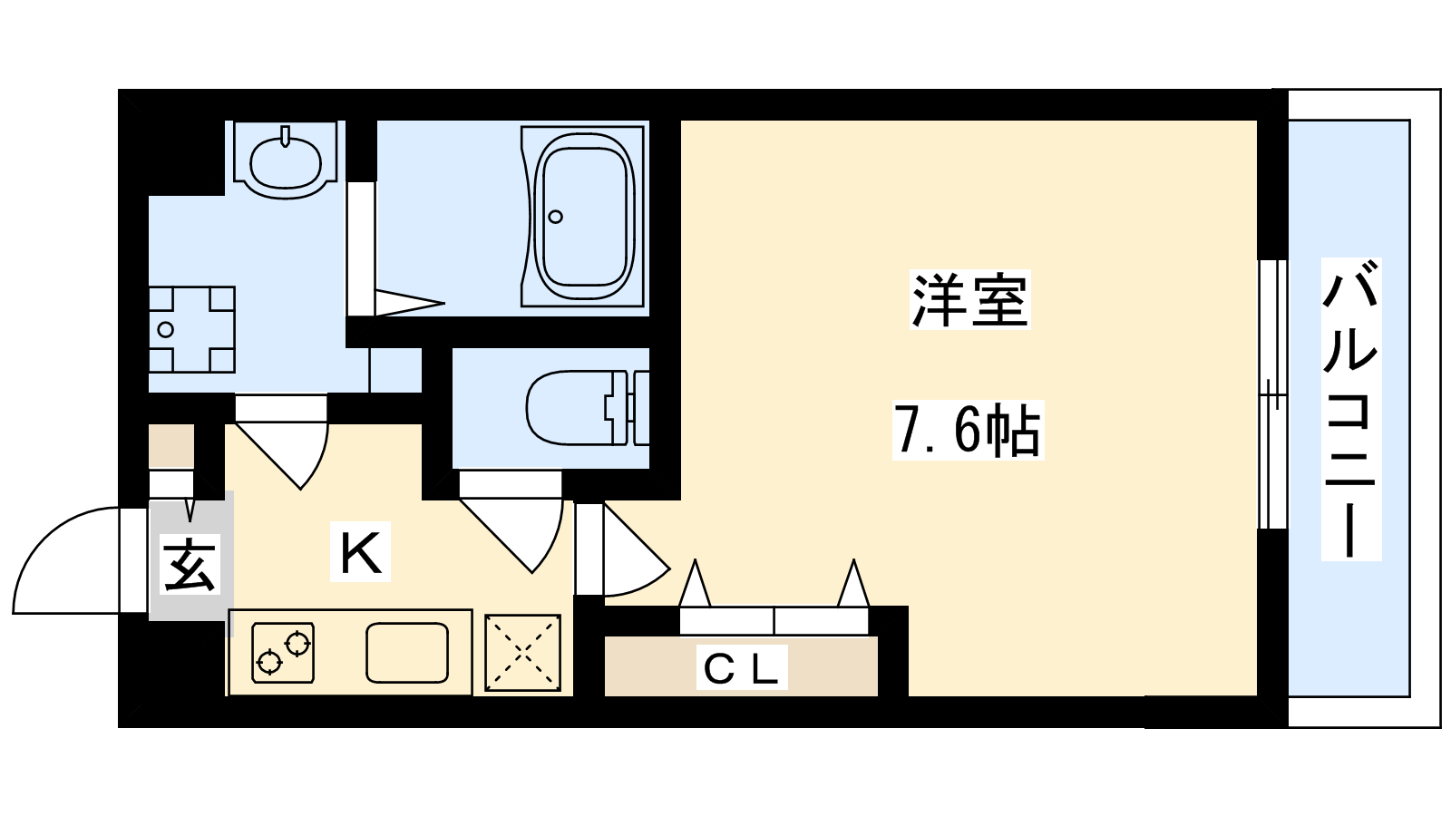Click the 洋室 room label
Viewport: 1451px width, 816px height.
point(969,300)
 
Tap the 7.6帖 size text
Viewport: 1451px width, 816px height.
point(968,430)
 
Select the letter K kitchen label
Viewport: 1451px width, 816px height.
point(360,551)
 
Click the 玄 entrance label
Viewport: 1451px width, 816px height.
point(190,565)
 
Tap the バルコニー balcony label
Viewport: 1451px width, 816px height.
point(1350,409)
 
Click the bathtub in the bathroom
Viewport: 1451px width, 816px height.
point(582,216)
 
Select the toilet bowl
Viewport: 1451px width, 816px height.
point(586,407)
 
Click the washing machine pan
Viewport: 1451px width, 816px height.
point(191,330)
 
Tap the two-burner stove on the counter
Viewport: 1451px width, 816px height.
point(283,652)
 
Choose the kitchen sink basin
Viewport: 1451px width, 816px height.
point(407,652)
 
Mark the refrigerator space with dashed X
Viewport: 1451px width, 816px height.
point(522,653)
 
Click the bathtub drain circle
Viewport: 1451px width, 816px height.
point(555,217)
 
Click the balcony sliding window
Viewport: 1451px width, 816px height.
point(1272,394)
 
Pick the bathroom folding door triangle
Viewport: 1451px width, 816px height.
point(409,303)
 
